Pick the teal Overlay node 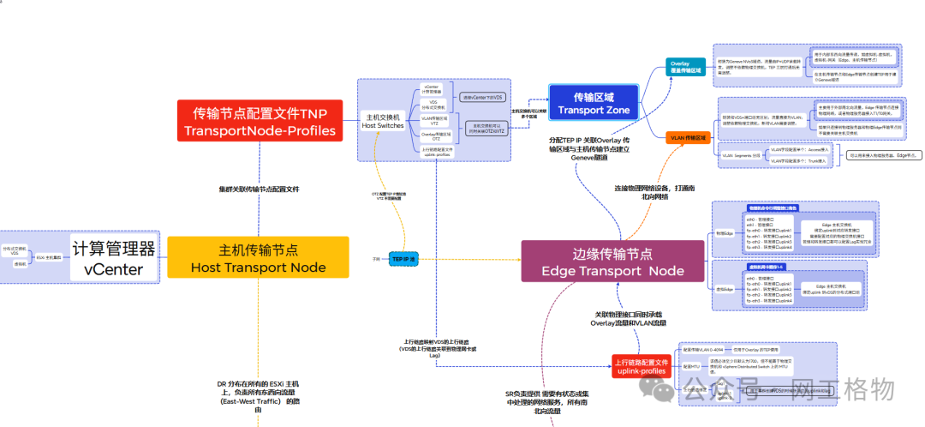(x=685, y=66)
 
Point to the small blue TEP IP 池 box (x=403, y=258)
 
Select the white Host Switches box (x=384, y=121)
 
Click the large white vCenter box (x=113, y=258)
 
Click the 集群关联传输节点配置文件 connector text (x=260, y=189)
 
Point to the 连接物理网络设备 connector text (x=654, y=191)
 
